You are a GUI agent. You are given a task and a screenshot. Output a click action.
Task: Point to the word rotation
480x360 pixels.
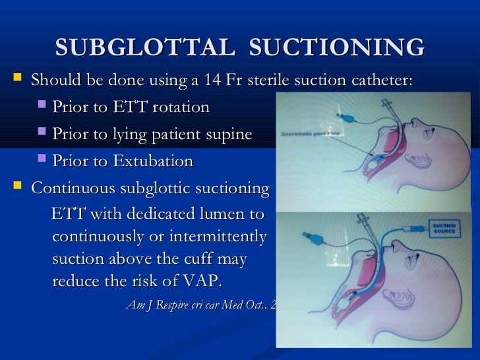[x=179, y=107]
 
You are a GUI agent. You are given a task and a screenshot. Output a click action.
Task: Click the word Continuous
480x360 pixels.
[x=75, y=189]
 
